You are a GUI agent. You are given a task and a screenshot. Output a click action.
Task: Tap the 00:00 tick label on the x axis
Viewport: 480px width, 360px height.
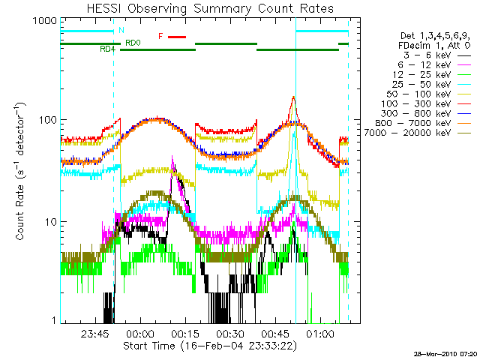pos(141,334)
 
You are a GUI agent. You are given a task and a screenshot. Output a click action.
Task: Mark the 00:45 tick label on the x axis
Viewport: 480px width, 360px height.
pos(275,334)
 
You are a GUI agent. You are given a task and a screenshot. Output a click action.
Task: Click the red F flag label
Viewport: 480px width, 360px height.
pos(160,36)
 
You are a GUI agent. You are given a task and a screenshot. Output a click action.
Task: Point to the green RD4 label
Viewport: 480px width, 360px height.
pos(108,49)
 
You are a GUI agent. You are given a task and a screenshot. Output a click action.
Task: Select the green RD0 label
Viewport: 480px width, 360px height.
pos(133,43)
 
